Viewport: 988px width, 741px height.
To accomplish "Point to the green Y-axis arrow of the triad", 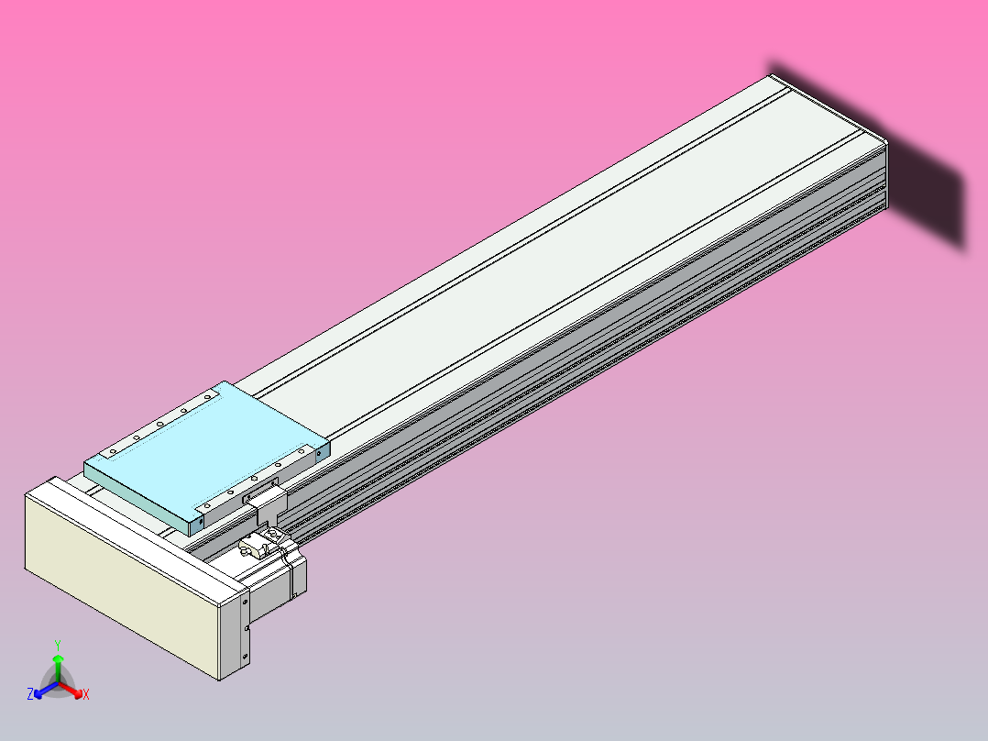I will (58, 660).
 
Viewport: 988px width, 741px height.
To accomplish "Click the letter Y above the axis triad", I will (58, 645).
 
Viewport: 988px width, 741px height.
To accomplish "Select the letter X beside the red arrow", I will (86, 695).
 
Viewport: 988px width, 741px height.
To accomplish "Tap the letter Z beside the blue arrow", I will (30, 695).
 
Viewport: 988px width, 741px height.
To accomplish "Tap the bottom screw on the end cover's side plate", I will (246, 658).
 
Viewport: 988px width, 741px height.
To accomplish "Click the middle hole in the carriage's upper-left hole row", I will (160, 425).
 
